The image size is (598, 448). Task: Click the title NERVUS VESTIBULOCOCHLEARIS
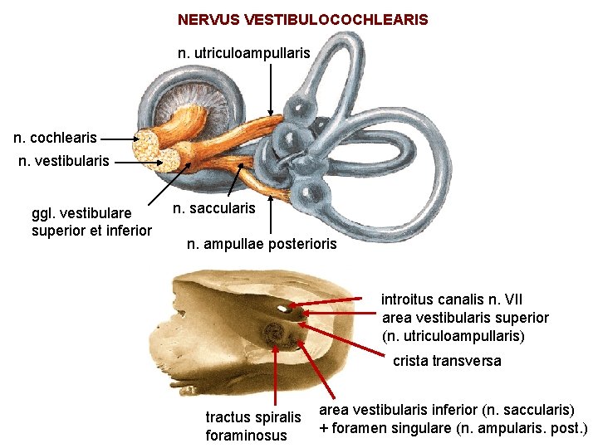pos(302,19)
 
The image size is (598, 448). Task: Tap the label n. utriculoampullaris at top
pos(244,53)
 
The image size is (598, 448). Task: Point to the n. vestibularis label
pos(64,161)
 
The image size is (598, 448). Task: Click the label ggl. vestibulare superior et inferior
pos(91,222)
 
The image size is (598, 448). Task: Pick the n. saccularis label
pos(213,208)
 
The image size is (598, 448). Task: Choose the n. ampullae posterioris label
pos(262,244)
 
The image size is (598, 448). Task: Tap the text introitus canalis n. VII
pos(452,299)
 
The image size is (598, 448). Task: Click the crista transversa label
pos(447,362)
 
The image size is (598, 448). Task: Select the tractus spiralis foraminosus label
pos(252,426)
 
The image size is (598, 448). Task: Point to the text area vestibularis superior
pos(465,318)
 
